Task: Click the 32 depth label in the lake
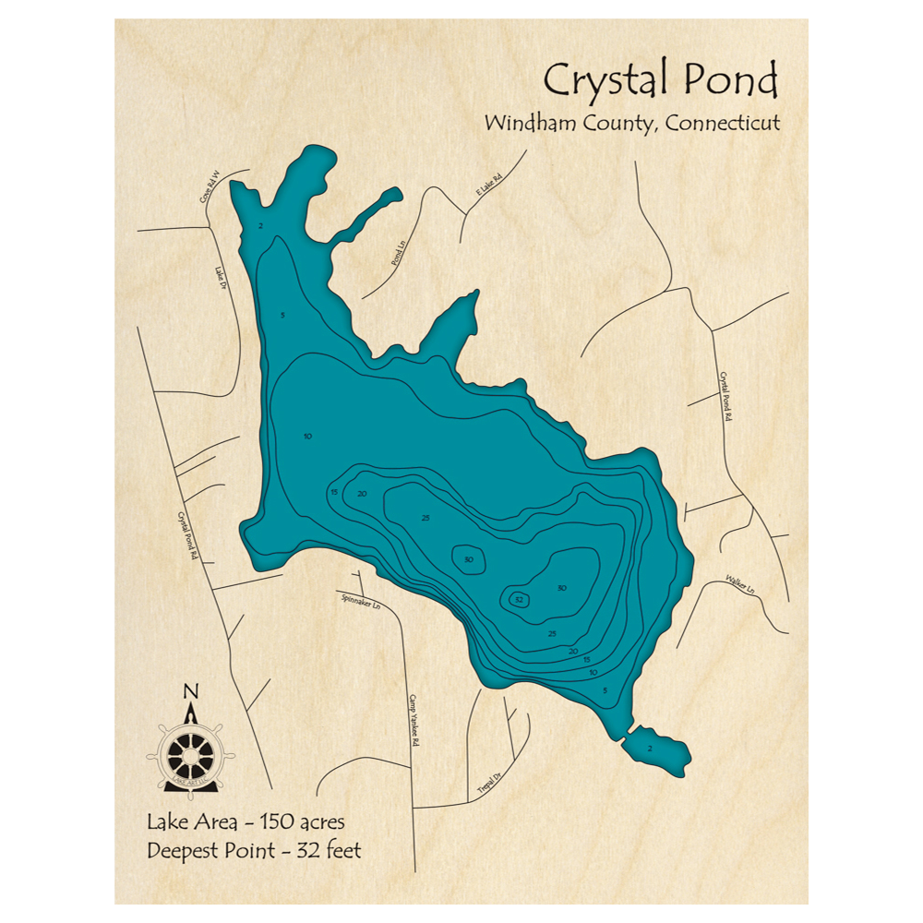pos(519,600)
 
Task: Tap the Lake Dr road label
pos(221,278)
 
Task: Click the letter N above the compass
pos(190,691)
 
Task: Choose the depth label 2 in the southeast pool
pos(650,748)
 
